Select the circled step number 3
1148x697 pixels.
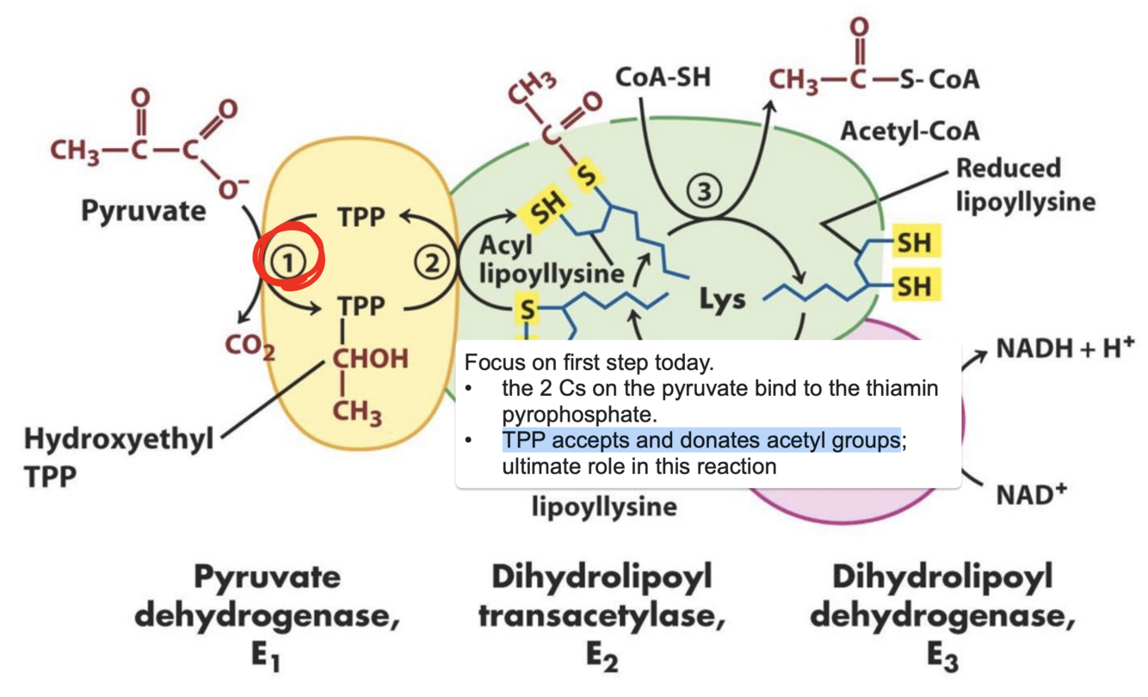(x=705, y=194)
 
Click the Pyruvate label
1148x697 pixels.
(x=144, y=210)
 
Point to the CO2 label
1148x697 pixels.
(x=250, y=347)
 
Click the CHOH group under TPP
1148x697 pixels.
(x=366, y=359)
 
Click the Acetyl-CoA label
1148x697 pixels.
(x=910, y=132)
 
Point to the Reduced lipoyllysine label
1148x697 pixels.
(x=1025, y=184)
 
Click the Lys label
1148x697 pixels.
(x=722, y=301)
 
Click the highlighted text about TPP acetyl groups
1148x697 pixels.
(x=701, y=441)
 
